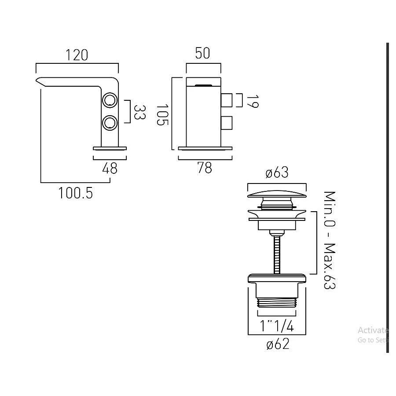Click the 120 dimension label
[x=77, y=55]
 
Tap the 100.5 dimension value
[x=76, y=192]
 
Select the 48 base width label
[x=110, y=168]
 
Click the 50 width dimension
[x=203, y=54]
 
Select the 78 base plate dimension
[x=205, y=168]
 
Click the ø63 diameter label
[x=277, y=173]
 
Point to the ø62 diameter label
[x=278, y=344]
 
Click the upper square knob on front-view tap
[x=227, y=100]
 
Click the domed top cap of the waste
[x=277, y=194]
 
